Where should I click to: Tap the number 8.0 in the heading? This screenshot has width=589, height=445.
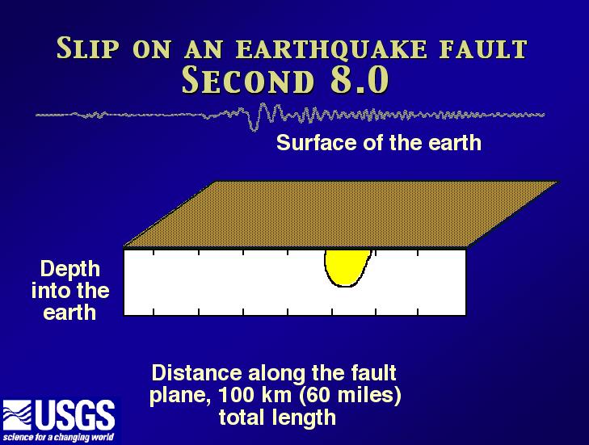coord(360,80)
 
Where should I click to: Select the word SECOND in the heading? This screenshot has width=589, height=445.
coord(247,80)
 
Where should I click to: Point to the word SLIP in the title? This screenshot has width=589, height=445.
coord(88,48)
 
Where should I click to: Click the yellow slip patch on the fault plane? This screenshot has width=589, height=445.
coord(346,267)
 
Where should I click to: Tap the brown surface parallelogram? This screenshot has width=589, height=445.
coord(341,214)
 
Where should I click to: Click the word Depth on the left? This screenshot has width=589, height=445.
coord(70,270)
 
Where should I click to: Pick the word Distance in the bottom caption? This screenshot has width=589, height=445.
coord(197,373)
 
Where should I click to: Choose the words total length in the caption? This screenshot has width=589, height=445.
coord(277,418)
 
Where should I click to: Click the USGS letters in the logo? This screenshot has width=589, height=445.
coord(75,415)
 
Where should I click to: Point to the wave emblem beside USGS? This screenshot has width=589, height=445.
coord(17,415)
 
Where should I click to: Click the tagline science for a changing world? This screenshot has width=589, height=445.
coord(58,438)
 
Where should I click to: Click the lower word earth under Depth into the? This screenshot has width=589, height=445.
coord(69,313)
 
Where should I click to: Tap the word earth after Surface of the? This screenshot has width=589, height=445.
coord(455,143)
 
